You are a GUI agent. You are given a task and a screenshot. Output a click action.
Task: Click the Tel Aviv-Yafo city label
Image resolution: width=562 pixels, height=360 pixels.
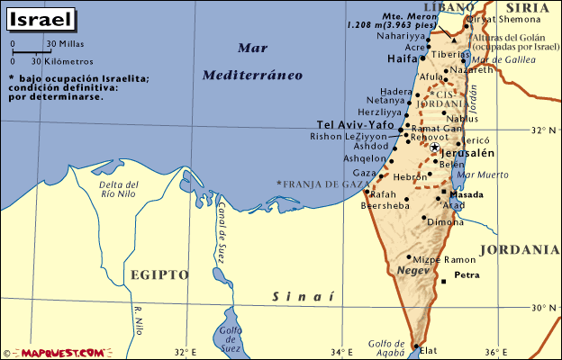[x=356, y=124]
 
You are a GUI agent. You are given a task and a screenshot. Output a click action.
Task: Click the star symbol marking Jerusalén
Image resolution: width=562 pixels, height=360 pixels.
[x=434, y=147]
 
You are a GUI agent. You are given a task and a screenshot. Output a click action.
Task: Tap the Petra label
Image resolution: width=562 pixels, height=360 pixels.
[x=467, y=274]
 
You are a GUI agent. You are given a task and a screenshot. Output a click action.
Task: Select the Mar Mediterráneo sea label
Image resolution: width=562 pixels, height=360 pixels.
[x=251, y=62]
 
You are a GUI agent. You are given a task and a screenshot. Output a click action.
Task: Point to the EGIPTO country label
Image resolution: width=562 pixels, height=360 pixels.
[x=159, y=274]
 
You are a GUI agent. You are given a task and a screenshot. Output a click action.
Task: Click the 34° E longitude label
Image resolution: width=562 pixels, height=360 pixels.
[x=342, y=352]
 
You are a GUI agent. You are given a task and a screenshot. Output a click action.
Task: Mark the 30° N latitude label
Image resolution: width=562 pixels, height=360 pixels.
[x=543, y=307]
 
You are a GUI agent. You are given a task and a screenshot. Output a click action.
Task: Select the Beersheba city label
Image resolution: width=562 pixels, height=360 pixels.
[x=384, y=206]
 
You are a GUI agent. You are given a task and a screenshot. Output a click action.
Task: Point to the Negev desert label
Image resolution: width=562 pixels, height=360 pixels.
[x=413, y=271]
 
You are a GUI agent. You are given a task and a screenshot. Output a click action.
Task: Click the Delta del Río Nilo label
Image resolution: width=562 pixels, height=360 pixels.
[x=118, y=189]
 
